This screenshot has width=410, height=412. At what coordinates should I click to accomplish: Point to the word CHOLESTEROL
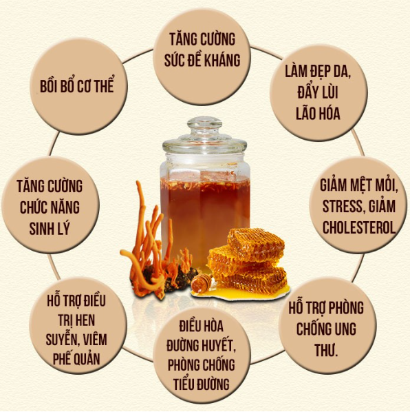(x=359, y=227)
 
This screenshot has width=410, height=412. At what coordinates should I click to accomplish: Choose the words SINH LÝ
(x=50, y=228)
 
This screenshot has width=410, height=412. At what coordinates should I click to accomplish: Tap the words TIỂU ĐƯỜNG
(x=201, y=384)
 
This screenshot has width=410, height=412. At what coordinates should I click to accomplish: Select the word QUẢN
(x=87, y=358)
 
